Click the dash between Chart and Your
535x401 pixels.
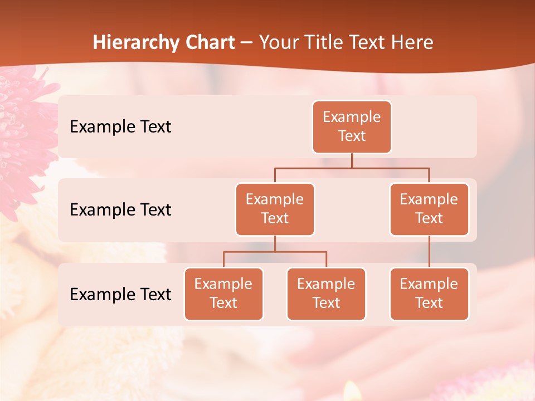click(247, 43)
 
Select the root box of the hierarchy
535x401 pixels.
click(352, 127)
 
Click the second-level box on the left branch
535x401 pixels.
click(275, 209)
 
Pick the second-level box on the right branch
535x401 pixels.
click(429, 209)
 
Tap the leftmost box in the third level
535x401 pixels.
click(223, 294)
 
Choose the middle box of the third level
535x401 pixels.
click(326, 294)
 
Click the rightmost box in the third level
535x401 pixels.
click(429, 294)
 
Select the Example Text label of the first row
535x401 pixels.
click(120, 127)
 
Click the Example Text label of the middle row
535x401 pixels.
click(120, 210)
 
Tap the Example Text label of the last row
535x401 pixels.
click(120, 295)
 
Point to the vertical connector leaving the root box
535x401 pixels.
click(352, 160)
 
